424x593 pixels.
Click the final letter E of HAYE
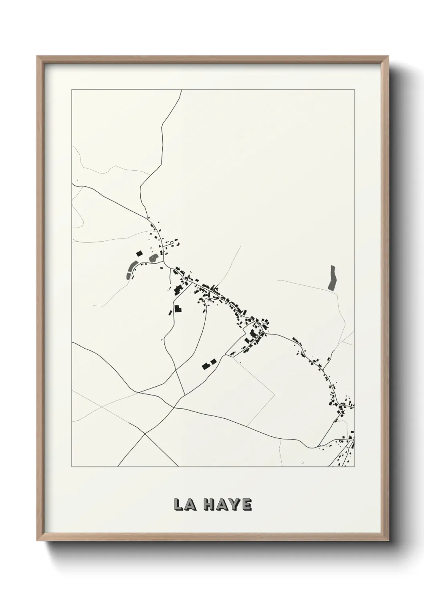(246, 505)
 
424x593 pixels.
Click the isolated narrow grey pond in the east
(332, 277)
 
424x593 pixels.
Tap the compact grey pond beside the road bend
(153, 258)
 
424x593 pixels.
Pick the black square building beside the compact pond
(139, 253)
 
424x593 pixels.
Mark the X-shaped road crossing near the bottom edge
(145, 434)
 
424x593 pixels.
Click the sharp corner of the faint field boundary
(275, 395)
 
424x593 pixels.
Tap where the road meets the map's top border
(182, 90)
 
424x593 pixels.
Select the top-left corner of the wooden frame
(37, 56)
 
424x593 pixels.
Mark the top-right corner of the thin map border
(355, 90)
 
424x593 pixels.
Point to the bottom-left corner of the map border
(72, 467)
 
